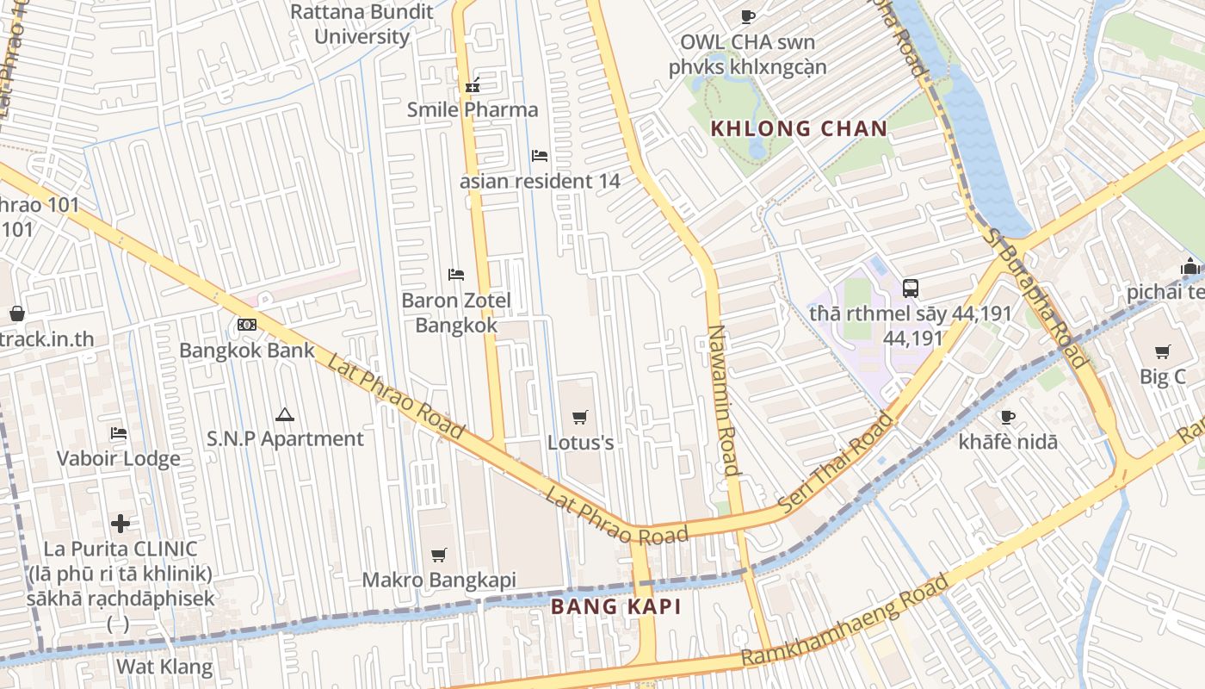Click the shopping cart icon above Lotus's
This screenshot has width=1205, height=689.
tap(580, 417)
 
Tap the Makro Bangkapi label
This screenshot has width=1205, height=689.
tap(439, 580)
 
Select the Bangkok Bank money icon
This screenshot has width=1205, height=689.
tap(247, 325)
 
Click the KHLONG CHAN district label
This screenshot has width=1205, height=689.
tap(798, 129)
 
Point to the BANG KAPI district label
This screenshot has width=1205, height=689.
tap(615, 606)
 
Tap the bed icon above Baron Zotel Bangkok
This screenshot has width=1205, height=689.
tap(456, 275)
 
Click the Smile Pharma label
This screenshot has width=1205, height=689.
tap(473, 109)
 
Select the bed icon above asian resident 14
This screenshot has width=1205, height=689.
tap(540, 156)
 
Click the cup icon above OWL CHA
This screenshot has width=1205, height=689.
tap(747, 16)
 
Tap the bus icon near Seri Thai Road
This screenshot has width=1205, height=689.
tap(910, 288)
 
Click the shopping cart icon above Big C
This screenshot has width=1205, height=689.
tap(1163, 351)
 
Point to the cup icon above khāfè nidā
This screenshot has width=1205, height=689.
tap(1008, 417)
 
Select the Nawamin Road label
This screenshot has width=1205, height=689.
tap(723, 400)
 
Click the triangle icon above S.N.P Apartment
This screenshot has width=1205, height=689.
tap(285, 414)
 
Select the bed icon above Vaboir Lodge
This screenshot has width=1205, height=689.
tap(119, 432)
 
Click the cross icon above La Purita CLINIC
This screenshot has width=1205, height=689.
tap(120, 523)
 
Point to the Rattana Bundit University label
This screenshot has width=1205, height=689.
tap(361, 24)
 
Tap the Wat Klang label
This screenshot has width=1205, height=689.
tap(164, 666)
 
